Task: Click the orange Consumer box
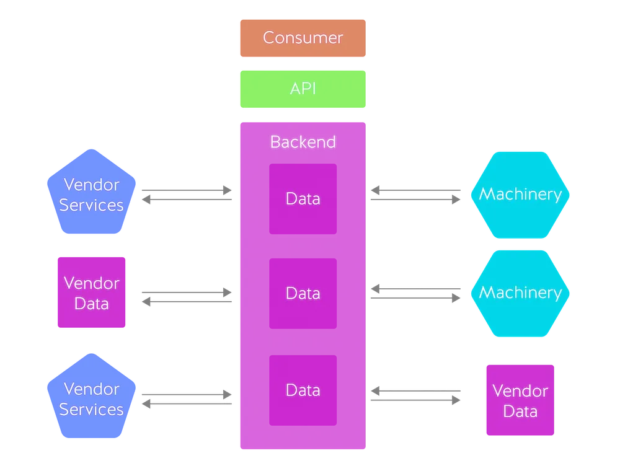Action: coord(303,38)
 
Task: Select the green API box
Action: coord(303,89)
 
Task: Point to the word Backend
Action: coord(303,142)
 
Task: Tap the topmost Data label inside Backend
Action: coord(303,199)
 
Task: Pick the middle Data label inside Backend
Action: coord(303,293)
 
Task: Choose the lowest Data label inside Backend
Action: coord(303,390)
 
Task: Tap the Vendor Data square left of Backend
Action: coord(91,293)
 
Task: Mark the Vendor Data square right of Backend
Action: coord(520,401)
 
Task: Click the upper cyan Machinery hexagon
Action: coord(520,195)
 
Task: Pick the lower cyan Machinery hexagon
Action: coord(520,293)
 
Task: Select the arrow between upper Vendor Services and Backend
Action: coord(187,196)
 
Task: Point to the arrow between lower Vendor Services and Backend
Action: coord(187,397)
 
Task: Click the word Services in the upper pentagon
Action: coord(91,205)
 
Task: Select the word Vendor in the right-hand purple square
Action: coord(520,391)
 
